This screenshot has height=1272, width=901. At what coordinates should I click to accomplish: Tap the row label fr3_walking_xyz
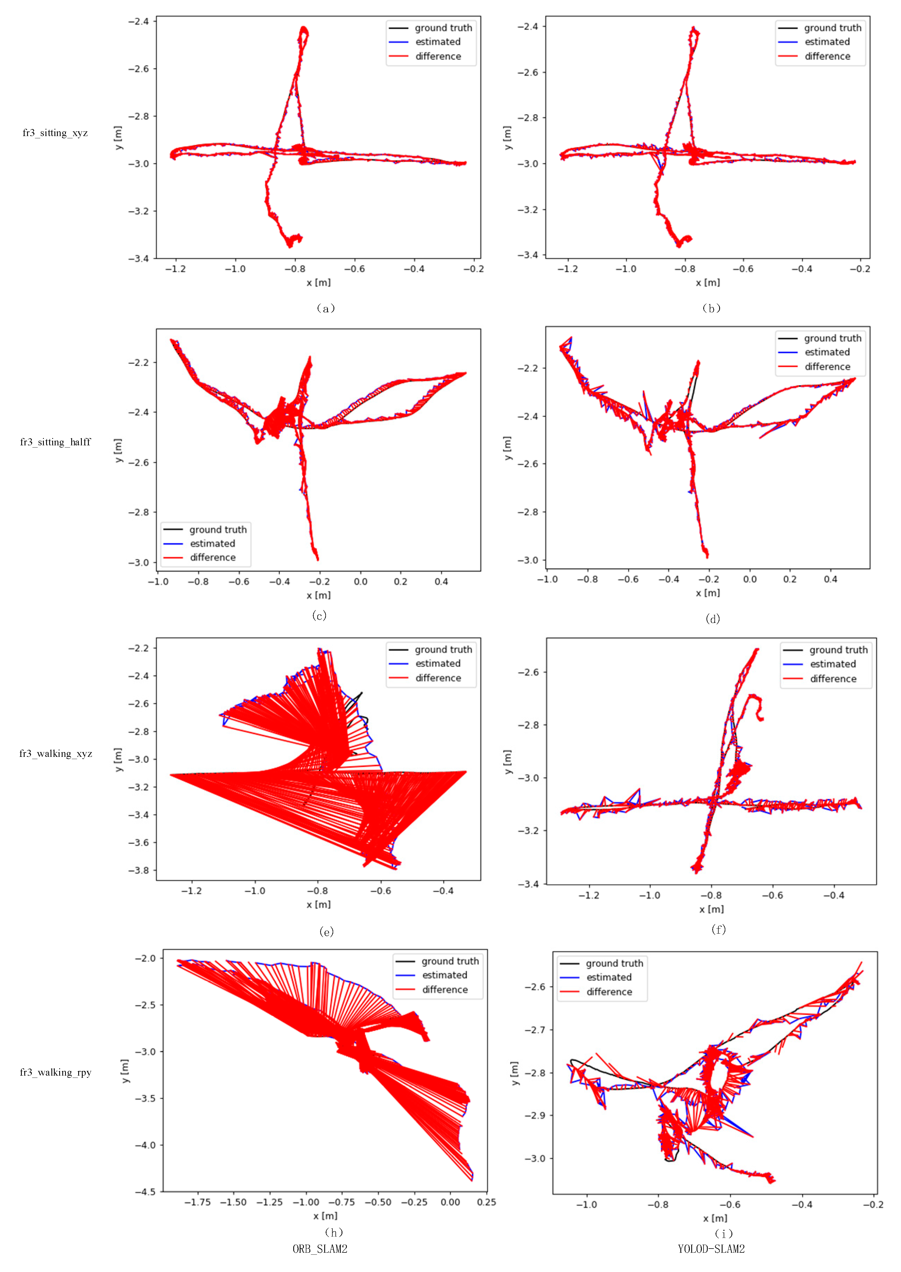pyautogui.click(x=56, y=753)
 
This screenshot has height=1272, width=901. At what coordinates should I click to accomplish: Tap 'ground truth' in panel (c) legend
pyautogui.click(x=218, y=529)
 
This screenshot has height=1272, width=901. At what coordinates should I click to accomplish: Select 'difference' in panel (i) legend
pyautogui.click(x=609, y=992)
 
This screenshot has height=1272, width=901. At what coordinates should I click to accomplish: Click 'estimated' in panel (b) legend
pyautogui.click(x=827, y=42)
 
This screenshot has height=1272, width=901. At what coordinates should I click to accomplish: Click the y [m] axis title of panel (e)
pyautogui.click(x=118, y=759)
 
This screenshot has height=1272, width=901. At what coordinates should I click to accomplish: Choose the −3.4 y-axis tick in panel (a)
pyautogui.click(x=139, y=258)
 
